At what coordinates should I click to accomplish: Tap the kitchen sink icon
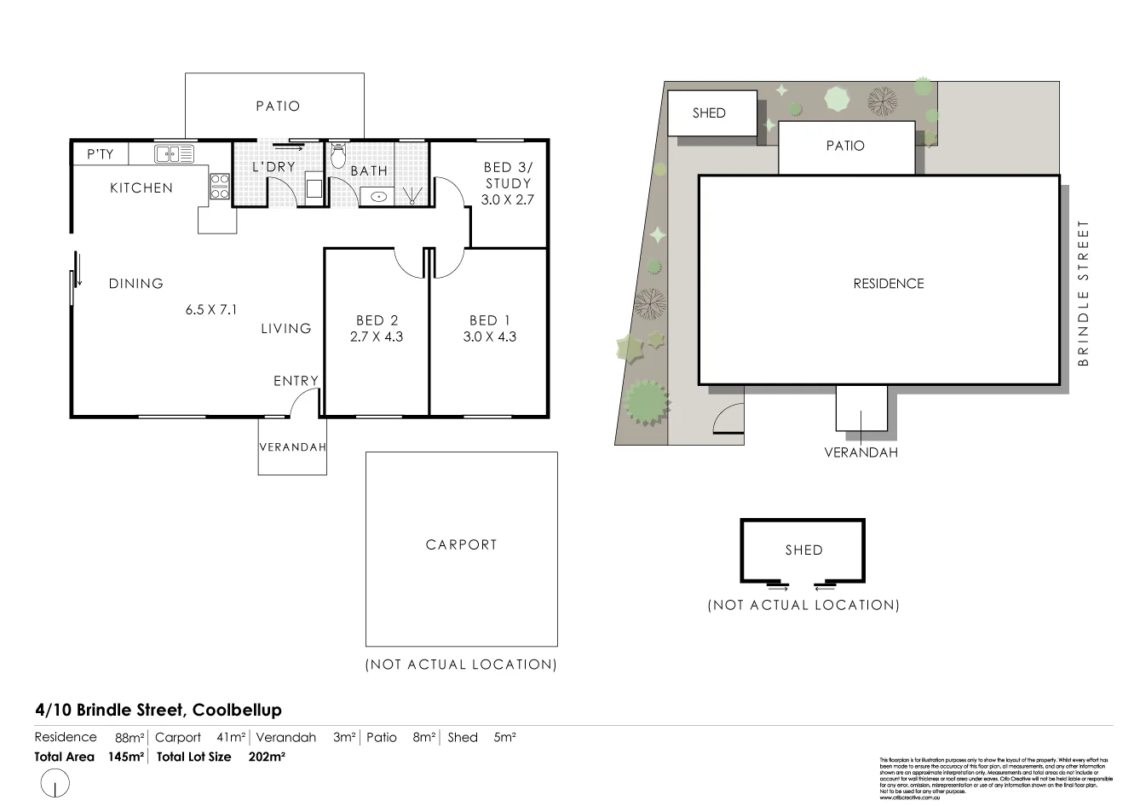click(x=174, y=154)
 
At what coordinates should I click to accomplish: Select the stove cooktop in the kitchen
click(x=220, y=187)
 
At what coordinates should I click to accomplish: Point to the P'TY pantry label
click(x=100, y=154)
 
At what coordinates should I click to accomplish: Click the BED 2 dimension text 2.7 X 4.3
click(x=377, y=337)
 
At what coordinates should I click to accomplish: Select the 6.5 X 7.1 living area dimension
click(x=211, y=310)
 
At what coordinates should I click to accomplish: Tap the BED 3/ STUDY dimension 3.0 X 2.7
click(x=507, y=200)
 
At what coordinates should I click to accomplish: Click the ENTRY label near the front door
click(x=296, y=381)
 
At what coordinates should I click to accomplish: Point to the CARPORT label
click(x=461, y=544)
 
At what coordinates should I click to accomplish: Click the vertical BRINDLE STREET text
click(x=1083, y=293)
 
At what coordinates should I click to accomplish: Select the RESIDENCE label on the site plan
click(x=888, y=284)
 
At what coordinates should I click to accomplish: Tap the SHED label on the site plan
click(x=708, y=113)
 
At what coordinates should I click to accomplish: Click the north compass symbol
click(x=55, y=783)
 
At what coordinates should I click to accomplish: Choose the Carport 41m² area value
click(x=231, y=738)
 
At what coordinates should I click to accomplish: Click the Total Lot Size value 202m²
click(x=267, y=757)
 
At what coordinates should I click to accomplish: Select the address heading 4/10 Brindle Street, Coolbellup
click(x=158, y=710)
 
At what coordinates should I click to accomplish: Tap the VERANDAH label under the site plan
click(x=861, y=452)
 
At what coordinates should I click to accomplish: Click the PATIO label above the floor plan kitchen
click(x=278, y=107)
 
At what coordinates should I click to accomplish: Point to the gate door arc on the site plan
click(x=726, y=418)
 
